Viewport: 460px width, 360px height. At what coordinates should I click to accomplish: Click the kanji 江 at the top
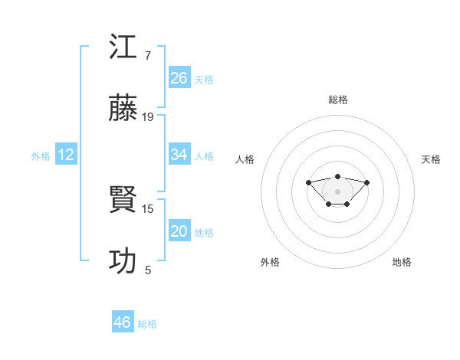[123, 47]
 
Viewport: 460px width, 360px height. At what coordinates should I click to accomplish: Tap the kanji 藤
[123, 109]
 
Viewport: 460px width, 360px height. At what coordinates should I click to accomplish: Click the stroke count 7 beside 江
[147, 55]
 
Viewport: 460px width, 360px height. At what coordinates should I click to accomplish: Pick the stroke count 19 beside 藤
[148, 116]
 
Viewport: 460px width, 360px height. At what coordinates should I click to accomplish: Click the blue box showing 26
[179, 77]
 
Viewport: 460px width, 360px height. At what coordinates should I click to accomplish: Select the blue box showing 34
[179, 155]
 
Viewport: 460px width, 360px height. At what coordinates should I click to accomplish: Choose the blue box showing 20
[179, 231]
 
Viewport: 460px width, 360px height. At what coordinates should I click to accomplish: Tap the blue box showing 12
[66, 155]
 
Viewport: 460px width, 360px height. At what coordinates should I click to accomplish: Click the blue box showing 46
[122, 322]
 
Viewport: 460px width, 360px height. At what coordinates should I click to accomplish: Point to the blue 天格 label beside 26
[204, 79]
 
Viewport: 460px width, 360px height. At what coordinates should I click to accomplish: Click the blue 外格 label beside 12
[41, 156]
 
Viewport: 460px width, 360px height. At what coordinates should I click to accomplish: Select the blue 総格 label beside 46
[147, 324]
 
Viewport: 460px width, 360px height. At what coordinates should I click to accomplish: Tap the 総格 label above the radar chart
[337, 100]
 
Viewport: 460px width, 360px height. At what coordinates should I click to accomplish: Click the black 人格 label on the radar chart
[245, 159]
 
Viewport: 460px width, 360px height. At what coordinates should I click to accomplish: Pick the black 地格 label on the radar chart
[402, 262]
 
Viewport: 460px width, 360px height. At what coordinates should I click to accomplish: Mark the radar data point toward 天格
[367, 182]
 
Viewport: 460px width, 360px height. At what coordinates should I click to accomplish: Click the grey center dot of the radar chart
[337, 191]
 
